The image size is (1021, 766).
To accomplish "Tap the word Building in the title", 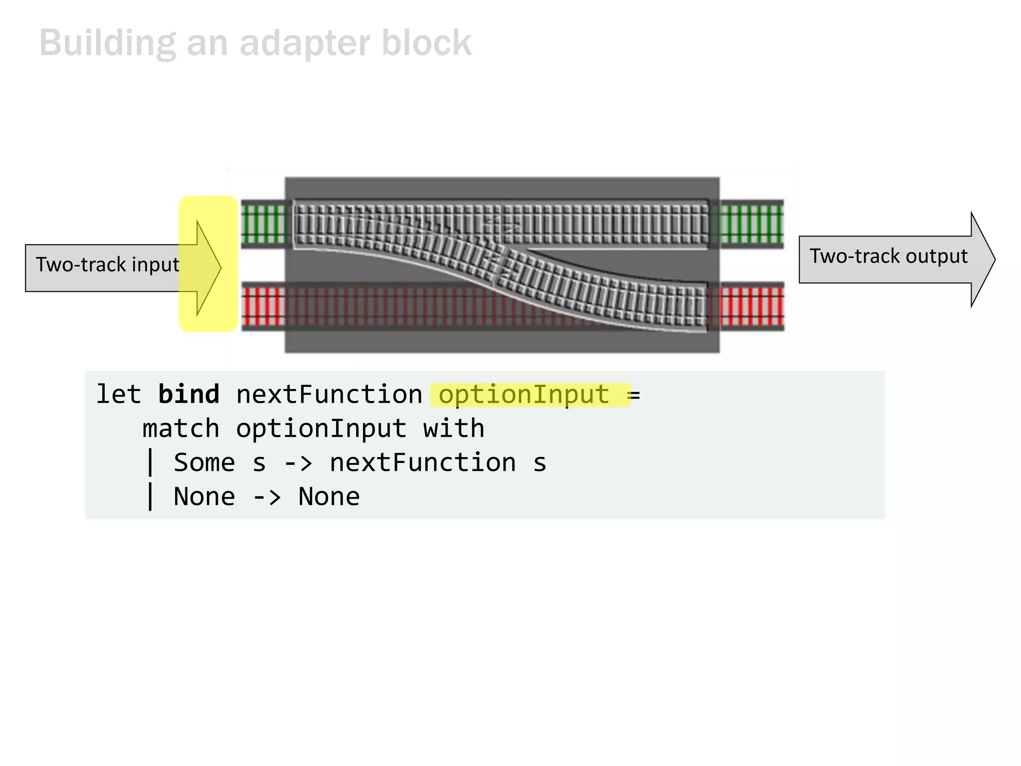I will pyautogui.click(x=107, y=43).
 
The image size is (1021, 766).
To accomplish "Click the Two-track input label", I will pyautogui.click(x=107, y=265).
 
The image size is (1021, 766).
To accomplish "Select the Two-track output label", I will pyautogui.click(x=888, y=256).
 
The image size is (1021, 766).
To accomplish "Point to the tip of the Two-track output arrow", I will pyautogui.click(x=994, y=259).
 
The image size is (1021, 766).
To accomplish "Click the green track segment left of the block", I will pyautogui.click(x=264, y=224).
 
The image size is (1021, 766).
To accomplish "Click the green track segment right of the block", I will pyautogui.click(x=751, y=224).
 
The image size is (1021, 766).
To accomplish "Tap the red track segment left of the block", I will pyautogui.click(x=264, y=306).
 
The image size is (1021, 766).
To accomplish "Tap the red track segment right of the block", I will pyautogui.click(x=751, y=306).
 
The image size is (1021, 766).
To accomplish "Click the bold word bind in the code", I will pyautogui.click(x=188, y=394).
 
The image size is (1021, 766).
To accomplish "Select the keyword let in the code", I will pyautogui.click(x=118, y=394).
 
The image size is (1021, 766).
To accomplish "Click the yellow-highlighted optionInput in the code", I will pyautogui.click(x=523, y=394).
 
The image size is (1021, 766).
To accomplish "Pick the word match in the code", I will pyautogui.click(x=180, y=429).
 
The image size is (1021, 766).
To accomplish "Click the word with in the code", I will pyautogui.click(x=454, y=429).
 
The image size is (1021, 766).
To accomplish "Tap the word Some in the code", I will pyautogui.click(x=204, y=463).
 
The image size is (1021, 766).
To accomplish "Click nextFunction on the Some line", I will pyautogui.click(x=422, y=463).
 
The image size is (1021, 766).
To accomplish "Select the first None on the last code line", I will pyautogui.click(x=204, y=497).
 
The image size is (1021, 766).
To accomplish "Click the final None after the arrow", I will pyautogui.click(x=329, y=497).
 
